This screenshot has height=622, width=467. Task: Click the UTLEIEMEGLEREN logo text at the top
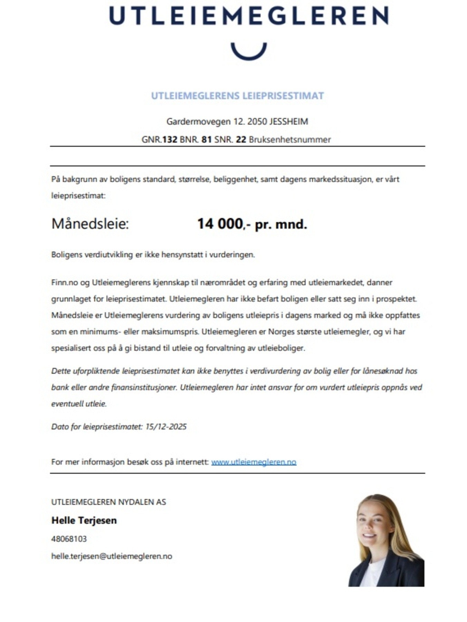(249, 16)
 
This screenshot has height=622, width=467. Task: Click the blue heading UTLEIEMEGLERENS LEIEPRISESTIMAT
(237, 96)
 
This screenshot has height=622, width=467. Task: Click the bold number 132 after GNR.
(170, 140)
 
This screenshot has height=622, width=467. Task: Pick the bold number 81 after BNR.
(207, 140)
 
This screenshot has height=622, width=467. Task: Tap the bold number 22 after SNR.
(241, 140)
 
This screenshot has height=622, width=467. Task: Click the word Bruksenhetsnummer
(290, 140)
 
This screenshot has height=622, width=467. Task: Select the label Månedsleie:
(90, 224)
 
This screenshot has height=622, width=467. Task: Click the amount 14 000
(220, 224)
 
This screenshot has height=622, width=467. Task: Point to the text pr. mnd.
(281, 225)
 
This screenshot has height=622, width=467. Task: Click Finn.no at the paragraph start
(64, 283)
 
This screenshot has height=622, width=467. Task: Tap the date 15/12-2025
(166, 427)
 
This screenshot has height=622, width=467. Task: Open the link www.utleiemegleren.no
(254, 462)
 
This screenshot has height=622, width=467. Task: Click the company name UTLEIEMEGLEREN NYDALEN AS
(108, 502)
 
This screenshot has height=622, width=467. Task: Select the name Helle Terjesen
(84, 520)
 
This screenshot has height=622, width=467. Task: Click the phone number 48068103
(69, 539)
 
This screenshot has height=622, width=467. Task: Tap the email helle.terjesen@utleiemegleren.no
(112, 556)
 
